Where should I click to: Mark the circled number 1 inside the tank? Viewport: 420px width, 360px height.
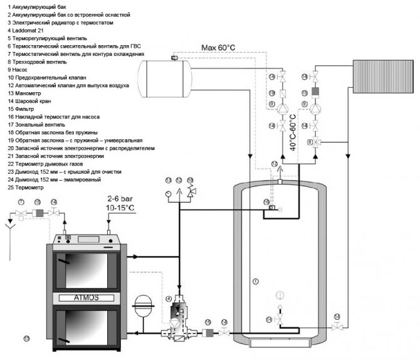pyautogui.click(x=255, y=280)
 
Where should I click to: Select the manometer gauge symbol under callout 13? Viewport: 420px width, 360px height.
pyautogui.click(x=168, y=194)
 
